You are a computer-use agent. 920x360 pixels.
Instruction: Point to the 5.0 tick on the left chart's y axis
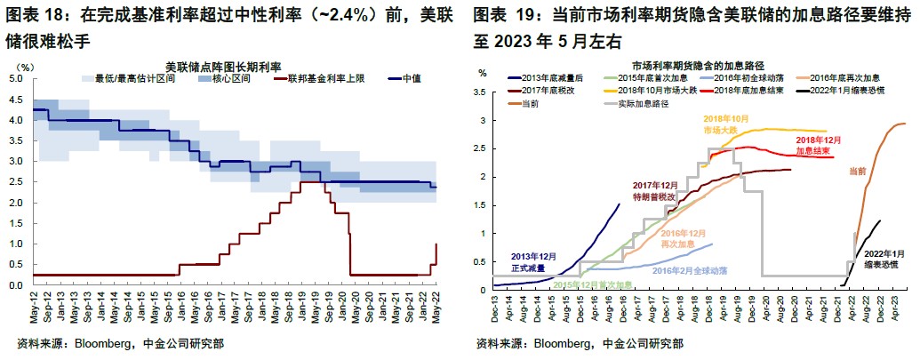15,79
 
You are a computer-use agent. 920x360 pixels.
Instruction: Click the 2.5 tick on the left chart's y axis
15,182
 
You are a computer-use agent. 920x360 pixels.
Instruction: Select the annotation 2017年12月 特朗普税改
655,191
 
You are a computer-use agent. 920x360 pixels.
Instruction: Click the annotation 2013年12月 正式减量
533,262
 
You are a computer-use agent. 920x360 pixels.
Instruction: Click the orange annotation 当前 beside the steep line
856,171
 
